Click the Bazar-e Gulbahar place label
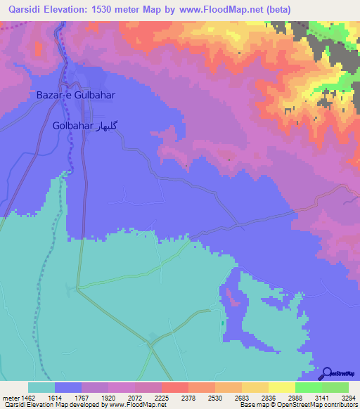click(x=75, y=94)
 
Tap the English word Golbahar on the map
click(x=72, y=126)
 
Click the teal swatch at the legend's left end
click(x=41, y=387)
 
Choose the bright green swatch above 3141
click(x=309, y=387)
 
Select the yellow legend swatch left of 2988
click(x=282, y=387)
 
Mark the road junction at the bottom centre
click(x=150, y=344)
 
